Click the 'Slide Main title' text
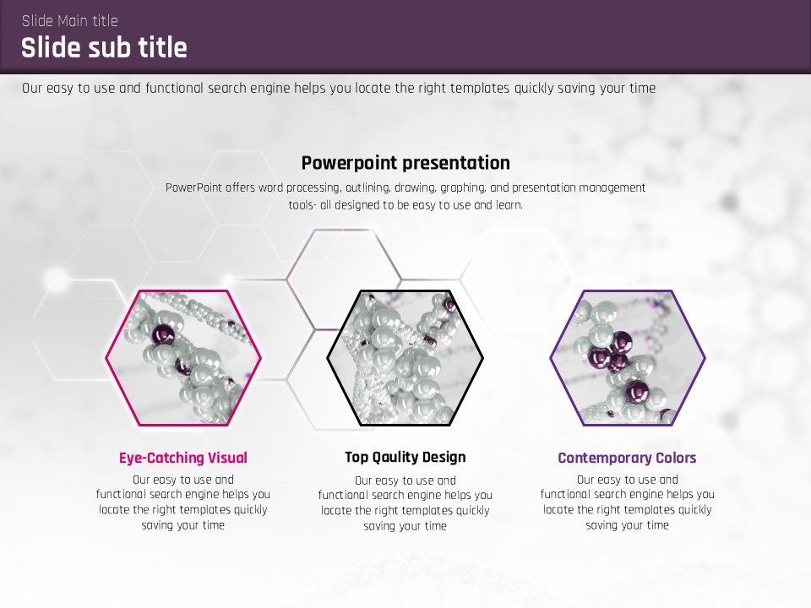[70, 20]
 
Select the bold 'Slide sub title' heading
[104, 47]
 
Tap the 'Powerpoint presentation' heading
[405, 163]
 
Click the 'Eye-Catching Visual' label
[183, 458]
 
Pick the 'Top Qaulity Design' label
[405, 457]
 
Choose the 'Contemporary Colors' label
[627, 458]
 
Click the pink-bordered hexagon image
[183, 358]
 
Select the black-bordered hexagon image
[405, 358]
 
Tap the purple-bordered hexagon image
[628, 358]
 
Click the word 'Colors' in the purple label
[676, 458]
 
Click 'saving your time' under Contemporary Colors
[627, 525]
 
